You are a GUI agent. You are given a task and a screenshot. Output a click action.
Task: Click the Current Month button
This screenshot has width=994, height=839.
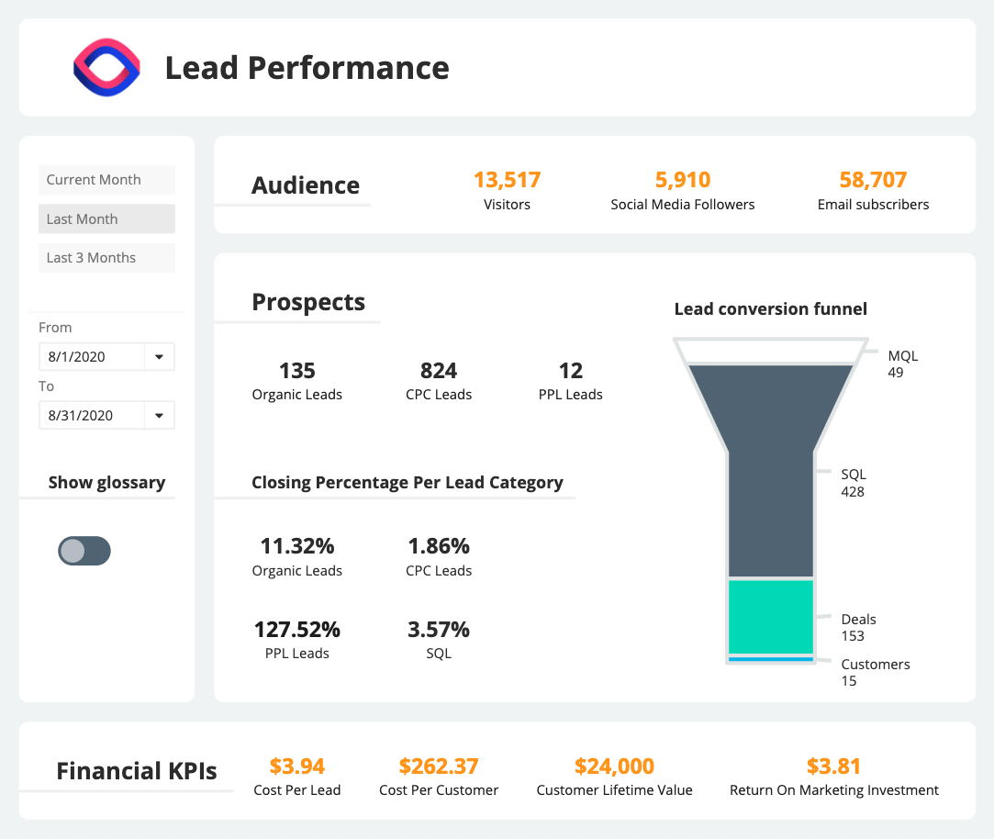pos(106,180)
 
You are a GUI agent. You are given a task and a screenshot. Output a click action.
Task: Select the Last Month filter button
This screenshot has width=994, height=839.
pos(106,219)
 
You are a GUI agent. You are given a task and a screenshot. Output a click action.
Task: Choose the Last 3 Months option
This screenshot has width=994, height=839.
pos(106,258)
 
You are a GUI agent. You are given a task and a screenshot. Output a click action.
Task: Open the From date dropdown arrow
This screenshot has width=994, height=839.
pos(159,357)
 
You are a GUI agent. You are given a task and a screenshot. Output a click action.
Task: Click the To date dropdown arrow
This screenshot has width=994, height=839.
pos(159,416)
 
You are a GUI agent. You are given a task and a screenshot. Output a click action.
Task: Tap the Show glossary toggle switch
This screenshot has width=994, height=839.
pos(84,551)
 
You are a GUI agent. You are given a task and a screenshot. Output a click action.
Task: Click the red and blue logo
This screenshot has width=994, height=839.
pos(106,68)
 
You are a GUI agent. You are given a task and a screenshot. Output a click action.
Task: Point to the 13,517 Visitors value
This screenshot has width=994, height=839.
pos(507,180)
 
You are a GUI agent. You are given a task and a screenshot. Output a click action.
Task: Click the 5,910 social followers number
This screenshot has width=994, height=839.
pos(683,180)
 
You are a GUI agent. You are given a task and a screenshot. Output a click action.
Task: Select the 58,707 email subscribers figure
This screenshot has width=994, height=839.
pos(873,180)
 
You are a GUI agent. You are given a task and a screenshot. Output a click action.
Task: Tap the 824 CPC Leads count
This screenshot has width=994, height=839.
pos(439,371)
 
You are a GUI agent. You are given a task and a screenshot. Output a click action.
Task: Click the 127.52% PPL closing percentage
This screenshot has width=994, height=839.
pos(296,630)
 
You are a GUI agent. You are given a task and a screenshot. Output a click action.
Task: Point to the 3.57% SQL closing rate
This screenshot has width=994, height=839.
pos(439,630)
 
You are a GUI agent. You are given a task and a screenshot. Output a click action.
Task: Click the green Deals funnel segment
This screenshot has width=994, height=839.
pos(771,616)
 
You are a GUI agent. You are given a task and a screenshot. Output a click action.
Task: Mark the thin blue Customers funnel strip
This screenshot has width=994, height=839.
pos(771,659)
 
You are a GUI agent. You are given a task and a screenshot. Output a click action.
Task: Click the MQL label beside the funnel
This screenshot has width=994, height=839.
pos(903,356)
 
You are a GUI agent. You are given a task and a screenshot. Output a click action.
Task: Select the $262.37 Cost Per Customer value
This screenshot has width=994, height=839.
pos(439,766)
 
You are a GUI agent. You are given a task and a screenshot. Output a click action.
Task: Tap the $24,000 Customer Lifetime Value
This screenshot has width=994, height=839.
pos(614,766)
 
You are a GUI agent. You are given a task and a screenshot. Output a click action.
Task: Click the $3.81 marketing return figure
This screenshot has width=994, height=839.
pos(833,766)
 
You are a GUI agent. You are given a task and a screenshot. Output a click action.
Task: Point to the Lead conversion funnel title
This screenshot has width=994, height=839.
pos(771,309)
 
